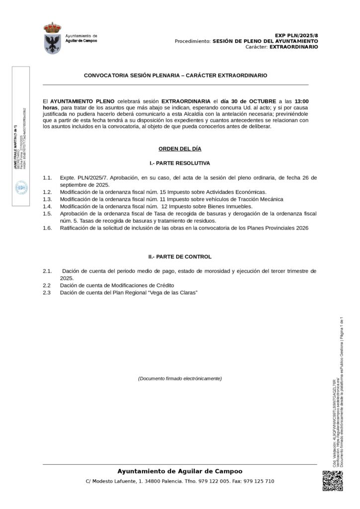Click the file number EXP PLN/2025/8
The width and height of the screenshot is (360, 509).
pos(296,36)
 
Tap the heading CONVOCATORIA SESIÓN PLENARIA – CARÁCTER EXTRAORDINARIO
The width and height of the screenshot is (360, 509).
pos(176,76)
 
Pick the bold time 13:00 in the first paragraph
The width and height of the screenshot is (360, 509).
pos(305,100)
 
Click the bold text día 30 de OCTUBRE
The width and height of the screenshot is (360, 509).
pos(247,100)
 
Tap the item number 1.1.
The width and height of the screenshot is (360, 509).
pos(48,177)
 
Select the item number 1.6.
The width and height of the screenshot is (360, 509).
pos(48,228)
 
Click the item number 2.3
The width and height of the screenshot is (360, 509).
pos(47,293)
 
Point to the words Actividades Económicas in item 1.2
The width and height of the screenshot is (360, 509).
pos(234,192)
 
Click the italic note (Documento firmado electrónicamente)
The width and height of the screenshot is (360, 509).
pos(180,379)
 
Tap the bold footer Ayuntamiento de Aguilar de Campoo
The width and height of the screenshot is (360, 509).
pos(180,471)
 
